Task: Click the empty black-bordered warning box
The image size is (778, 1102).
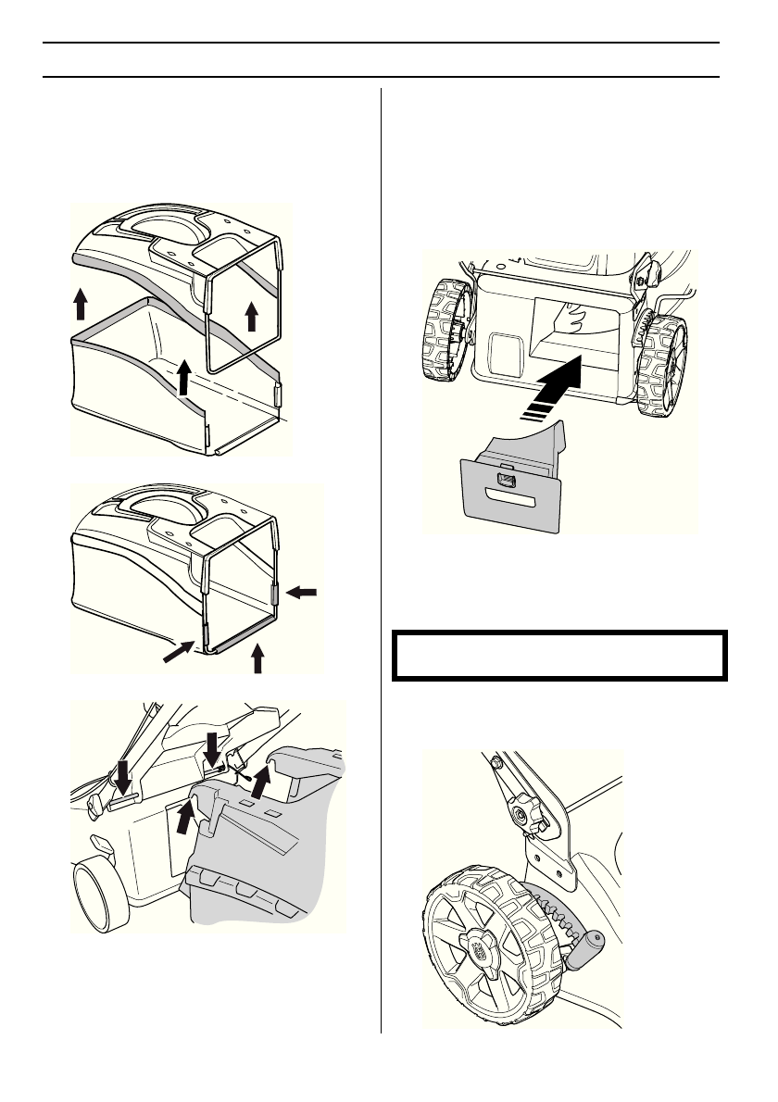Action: pyautogui.click(x=557, y=656)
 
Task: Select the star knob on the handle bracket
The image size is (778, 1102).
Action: pyautogui.click(x=524, y=816)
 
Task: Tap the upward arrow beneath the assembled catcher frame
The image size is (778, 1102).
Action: pyautogui.click(x=258, y=660)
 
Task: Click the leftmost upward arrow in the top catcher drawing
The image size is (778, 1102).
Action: pyautogui.click(x=82, y=303)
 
